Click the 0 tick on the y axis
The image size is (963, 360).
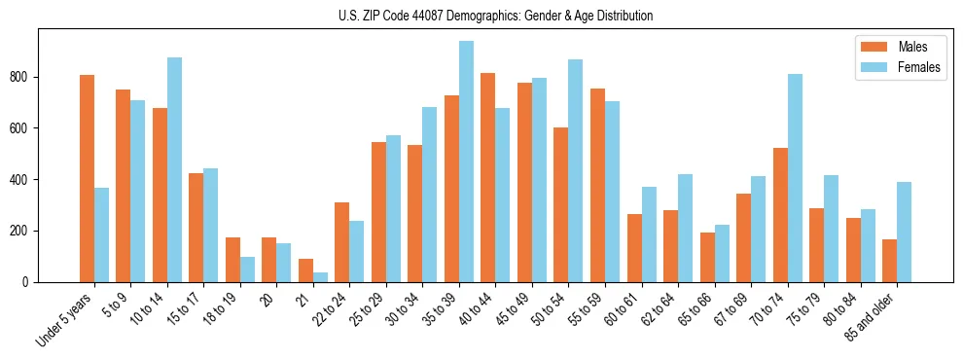(29, 282)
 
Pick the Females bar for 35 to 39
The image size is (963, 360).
(467, 162)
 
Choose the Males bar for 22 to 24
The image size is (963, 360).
(342, 242)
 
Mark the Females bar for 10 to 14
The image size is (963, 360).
(175, 169)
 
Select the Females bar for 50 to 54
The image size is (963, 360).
(576, 170)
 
